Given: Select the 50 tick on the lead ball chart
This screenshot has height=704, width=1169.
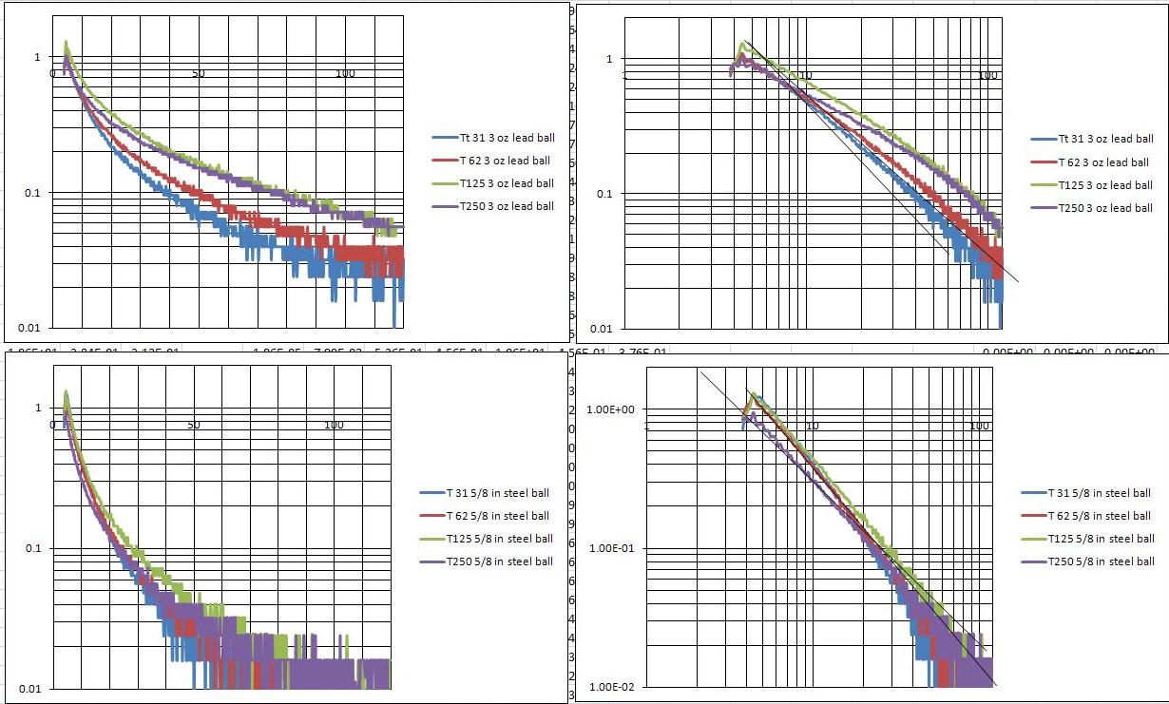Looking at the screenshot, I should click(x=198, y=73).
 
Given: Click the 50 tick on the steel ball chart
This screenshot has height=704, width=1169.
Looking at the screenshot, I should click(x=194, y=425).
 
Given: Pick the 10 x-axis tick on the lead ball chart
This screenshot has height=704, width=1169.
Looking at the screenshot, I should click(x=806, y=75).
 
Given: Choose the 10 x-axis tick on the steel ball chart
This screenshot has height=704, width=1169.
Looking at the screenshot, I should click(x=812, y=426).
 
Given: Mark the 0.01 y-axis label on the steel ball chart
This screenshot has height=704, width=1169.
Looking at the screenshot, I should click(x=30, y=688).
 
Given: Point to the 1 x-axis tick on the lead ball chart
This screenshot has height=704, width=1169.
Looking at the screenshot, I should click(x=624, y=75).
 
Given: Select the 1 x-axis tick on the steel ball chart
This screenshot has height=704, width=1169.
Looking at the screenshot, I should click(x=647, y=426).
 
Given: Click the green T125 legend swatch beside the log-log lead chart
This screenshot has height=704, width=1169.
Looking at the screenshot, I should click(x=1042, y=185).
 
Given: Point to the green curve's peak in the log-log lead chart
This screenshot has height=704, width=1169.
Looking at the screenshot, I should click(x=745, y=43).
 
